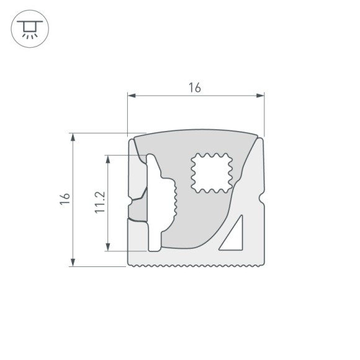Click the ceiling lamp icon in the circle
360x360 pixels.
28,28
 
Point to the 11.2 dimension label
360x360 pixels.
100,202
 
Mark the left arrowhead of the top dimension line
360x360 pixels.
131,96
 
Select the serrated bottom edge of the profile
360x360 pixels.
196,266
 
